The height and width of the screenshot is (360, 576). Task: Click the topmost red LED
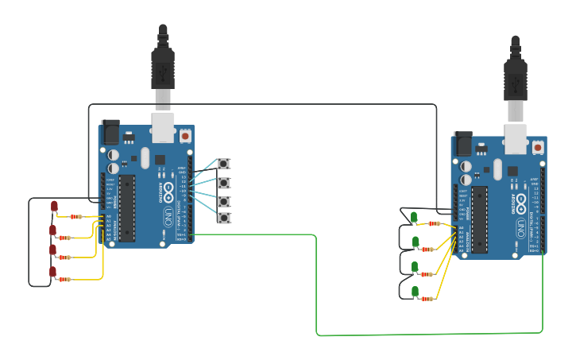tap(54, 207)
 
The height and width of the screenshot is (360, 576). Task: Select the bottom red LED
tap(53, 273)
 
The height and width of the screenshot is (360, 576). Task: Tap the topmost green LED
tap(415, 217)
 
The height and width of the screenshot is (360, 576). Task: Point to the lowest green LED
tap(415, 292)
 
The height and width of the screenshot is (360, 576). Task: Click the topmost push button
tap(224, 164)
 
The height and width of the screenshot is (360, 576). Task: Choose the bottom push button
tap(224, 218)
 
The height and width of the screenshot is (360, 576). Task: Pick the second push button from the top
tap(224, 183)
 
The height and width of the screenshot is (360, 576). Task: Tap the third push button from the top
tap(224, 201)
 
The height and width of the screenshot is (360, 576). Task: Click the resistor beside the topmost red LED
tap(75, 216)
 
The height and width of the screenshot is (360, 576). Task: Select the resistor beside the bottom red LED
tap(64, 280)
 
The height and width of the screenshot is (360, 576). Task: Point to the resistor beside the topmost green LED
tap(434, 223)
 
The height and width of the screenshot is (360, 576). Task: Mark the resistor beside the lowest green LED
tap(427, 299)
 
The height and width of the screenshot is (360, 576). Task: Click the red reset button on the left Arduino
tap(185, 136)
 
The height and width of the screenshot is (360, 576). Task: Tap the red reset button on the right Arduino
tap(538, 147)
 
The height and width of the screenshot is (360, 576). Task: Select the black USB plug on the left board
tap(163, 68)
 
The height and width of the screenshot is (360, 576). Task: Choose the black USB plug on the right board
tap(515, 79)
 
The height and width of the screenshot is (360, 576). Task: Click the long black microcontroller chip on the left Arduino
tap(126, 207)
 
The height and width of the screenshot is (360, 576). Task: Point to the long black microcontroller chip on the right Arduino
tap(479, 219)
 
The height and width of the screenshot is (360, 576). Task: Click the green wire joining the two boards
tap(318, 286)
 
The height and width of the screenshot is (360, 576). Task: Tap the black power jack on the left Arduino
tap(110, 131)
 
